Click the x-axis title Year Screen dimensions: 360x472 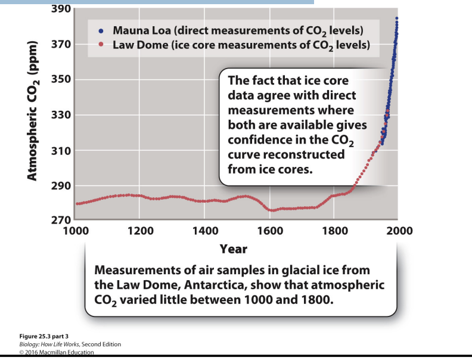234,247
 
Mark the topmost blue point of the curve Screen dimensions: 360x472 396,18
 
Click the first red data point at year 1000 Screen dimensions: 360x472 77,204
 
